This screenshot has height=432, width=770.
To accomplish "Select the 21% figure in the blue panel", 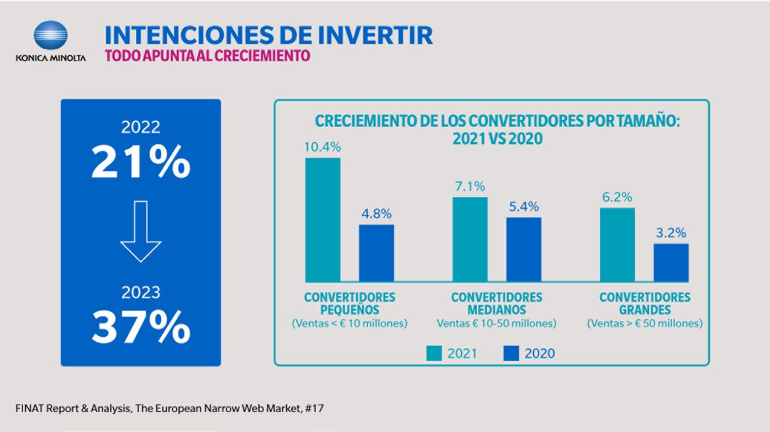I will (x=140, y=163).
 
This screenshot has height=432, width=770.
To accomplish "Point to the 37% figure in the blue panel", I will (x=140, y=328).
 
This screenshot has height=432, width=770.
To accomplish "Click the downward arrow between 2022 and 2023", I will (x=140, y=231).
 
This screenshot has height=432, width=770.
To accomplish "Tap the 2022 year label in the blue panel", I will (x=140, y=127).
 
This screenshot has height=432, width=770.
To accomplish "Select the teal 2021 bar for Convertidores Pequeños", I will (x=323, y=220).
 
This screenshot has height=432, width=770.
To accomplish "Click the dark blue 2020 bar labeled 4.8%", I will (x=376, y=253).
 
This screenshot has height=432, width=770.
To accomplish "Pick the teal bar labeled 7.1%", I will (x=470, y=239).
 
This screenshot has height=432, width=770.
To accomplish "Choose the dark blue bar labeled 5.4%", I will (x=524, y=249).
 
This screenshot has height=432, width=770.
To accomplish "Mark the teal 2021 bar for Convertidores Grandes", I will (x=617, y=244).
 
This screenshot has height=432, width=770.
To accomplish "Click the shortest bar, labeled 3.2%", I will (x=671, y=262).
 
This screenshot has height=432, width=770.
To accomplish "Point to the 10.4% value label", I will (x=323, y=147).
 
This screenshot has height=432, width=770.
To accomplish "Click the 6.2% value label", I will (x=617, y=197).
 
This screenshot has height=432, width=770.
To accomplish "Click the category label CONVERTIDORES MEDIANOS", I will (x=496, y=303).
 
